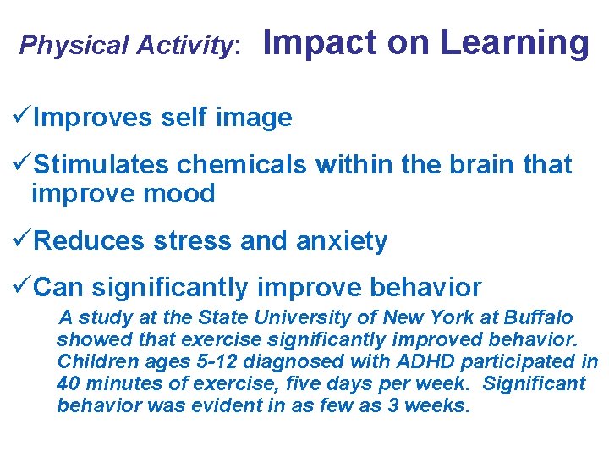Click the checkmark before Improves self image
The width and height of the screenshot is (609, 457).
point(23,117)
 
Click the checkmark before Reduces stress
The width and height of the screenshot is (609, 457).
point(23,240)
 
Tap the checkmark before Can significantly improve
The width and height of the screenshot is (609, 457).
point(23,287)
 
